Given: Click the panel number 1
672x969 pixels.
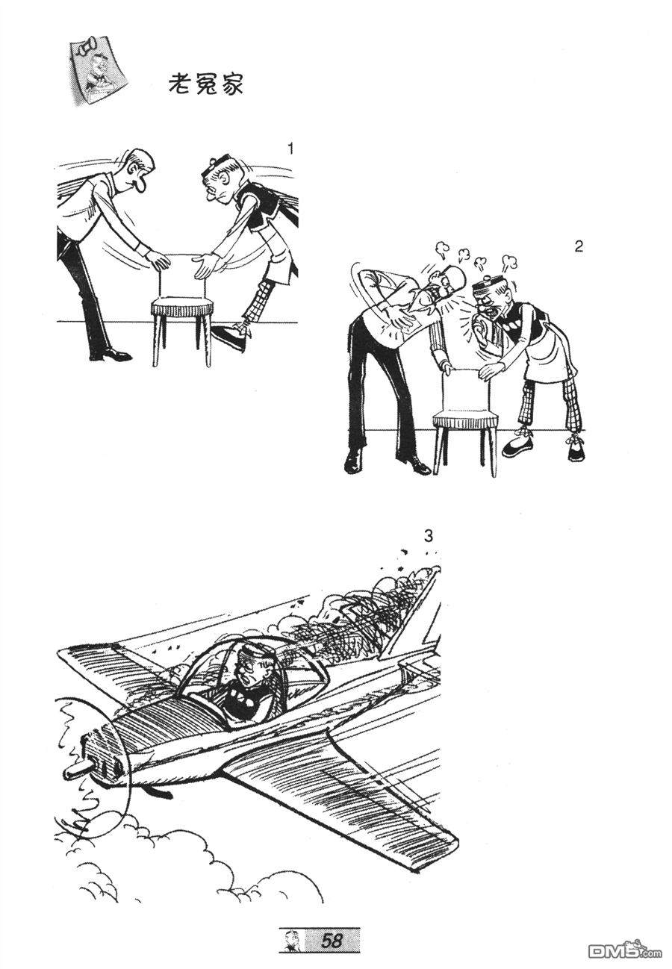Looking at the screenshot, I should click(x=290, y=149).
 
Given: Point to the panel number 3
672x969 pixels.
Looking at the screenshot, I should click(x=428, y=535).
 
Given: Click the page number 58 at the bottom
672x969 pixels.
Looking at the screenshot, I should click(x=332, y=940).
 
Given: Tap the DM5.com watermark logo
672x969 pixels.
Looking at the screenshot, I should click(x=623, y=950).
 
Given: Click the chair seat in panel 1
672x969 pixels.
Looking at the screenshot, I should click(x=181, y=306).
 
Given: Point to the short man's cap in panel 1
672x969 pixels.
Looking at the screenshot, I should click(x=215, y=166).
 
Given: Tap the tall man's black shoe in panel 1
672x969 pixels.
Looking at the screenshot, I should click(x=113, y=355).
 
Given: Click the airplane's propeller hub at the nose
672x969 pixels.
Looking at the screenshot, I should click(x=75, y=769).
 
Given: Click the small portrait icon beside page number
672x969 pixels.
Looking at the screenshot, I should click(x=290, y=940).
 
